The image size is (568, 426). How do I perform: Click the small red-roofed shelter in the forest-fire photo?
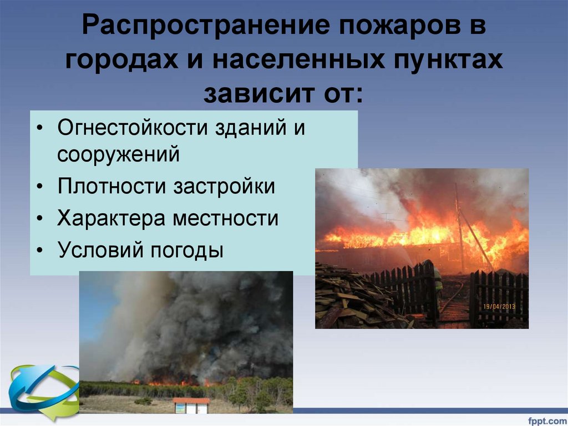click(x=190, y=404)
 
